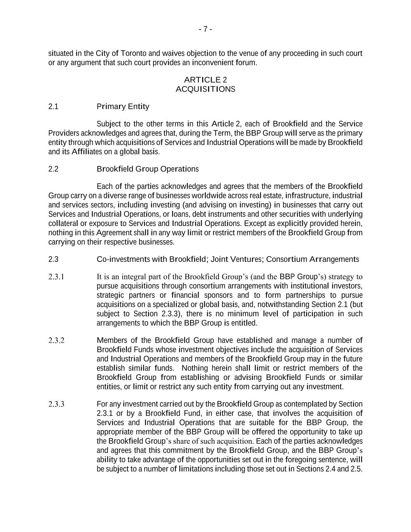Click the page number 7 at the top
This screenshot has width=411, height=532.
(x=205, y=30)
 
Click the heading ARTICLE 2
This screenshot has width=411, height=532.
(x=205, y=80)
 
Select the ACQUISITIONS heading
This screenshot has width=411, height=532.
(x=205, y=89)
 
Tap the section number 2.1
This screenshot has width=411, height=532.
(x=53, y=107)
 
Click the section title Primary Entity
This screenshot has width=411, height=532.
(x=123, y=107)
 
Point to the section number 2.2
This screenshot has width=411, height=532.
(x=53, y=169)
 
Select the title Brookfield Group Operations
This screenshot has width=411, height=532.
(x=147, y=169)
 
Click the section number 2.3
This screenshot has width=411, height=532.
(x=53, y=260)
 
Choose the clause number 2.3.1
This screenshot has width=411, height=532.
(x=56, y=277)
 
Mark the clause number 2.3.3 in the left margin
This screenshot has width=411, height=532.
(x=56, y=404)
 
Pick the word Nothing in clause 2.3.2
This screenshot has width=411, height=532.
(x=195, y=368)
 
